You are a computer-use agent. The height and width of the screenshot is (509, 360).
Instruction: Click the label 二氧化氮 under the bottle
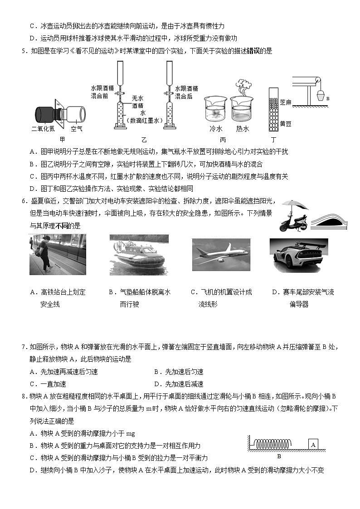click(43, 129)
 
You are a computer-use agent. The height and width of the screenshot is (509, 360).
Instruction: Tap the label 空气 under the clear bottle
click(77, 129)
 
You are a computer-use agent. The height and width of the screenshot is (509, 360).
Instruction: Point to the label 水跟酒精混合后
click(186, 92)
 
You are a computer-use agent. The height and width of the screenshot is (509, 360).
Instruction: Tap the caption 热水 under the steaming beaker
click(243, 129)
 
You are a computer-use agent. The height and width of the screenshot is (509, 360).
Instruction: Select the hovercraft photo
click(139, 255)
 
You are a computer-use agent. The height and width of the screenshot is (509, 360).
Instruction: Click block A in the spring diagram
click(313, 445)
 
